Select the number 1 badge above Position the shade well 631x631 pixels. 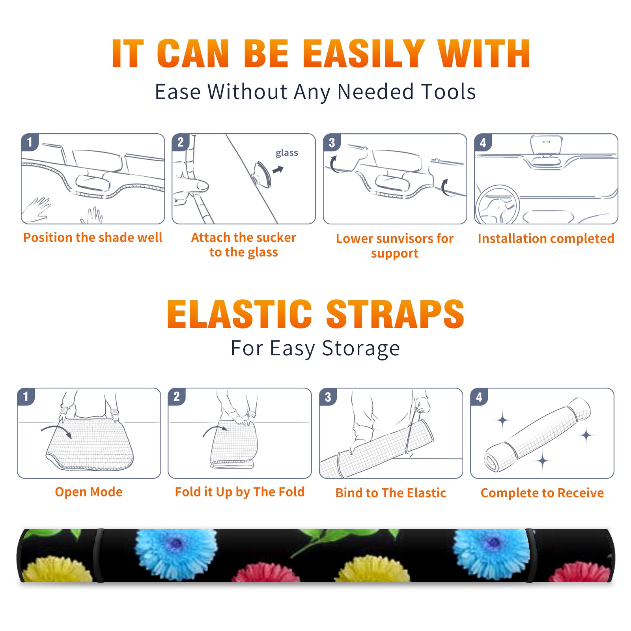coord(30,142)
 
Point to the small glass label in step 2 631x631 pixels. coord(287,153)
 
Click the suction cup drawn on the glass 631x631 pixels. coord(261,174)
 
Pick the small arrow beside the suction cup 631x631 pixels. coord(278,170)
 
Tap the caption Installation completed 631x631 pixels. coord(546,239)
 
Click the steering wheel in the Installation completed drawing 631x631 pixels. coord(497,205)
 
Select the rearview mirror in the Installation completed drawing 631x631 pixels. coord(546,145)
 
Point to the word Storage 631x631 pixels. coord(361,349)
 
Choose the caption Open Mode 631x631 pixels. coord(89,492)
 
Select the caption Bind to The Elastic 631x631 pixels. coord(391,493)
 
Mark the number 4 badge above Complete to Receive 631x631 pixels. coord(479,397)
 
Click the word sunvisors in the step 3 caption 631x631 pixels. coord(405,239)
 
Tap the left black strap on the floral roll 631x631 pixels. coord(99,555)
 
